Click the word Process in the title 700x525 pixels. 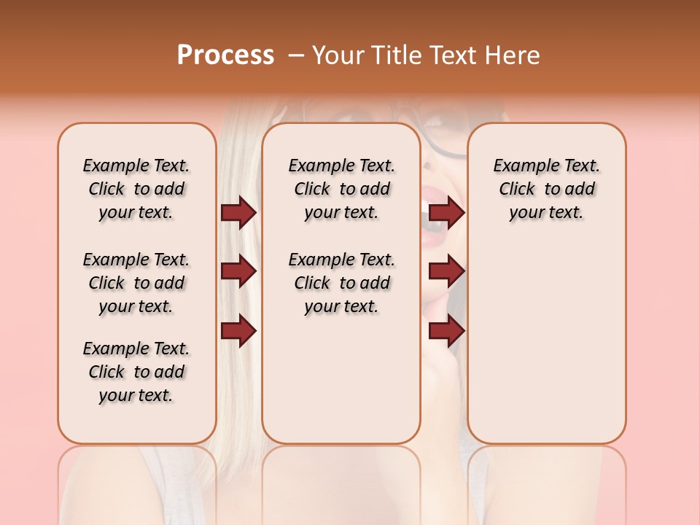(x=225, y=55)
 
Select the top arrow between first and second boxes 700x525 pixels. (x=238, y=213)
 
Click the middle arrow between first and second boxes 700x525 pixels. (x=238, y=271)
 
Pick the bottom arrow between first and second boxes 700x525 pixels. (x=238, y=331)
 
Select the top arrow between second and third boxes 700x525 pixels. (x=446, y=213)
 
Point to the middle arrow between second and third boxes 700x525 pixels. (x=446, y=271)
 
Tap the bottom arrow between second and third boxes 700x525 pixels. (x=446, y=331)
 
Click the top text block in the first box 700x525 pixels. (x=136, y=189)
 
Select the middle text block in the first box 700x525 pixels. (x=136, y=283)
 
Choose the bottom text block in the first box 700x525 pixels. (x=136, y=372)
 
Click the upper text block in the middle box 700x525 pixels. (x=341, y=189)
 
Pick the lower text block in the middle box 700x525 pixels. (x=341, y=283)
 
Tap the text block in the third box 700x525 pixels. (x=546, y=189)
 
